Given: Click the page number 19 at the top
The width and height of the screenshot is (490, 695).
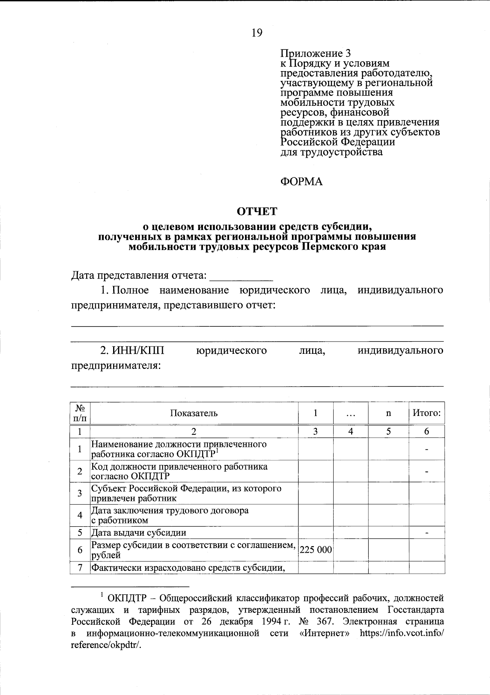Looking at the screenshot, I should pos(257,33).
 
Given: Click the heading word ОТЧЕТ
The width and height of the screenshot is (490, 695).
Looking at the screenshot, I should pos(257,211).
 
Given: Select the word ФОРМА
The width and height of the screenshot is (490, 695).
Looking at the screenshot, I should pos(301,181).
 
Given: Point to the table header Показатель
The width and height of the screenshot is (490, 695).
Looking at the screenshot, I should pos(194,413).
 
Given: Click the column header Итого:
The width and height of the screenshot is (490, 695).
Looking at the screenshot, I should pos(426,413).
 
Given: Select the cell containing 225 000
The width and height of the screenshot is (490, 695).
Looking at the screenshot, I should pos(316,550).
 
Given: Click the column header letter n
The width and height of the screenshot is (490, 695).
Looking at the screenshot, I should pos(388,413).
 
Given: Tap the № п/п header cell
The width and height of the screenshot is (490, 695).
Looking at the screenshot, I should pos(80,413).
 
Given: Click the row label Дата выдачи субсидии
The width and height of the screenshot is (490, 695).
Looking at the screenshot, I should pos(139,532).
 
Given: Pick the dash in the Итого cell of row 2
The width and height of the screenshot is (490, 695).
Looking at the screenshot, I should pos(426,472).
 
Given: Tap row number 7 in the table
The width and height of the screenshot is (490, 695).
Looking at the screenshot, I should pos(80,568).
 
